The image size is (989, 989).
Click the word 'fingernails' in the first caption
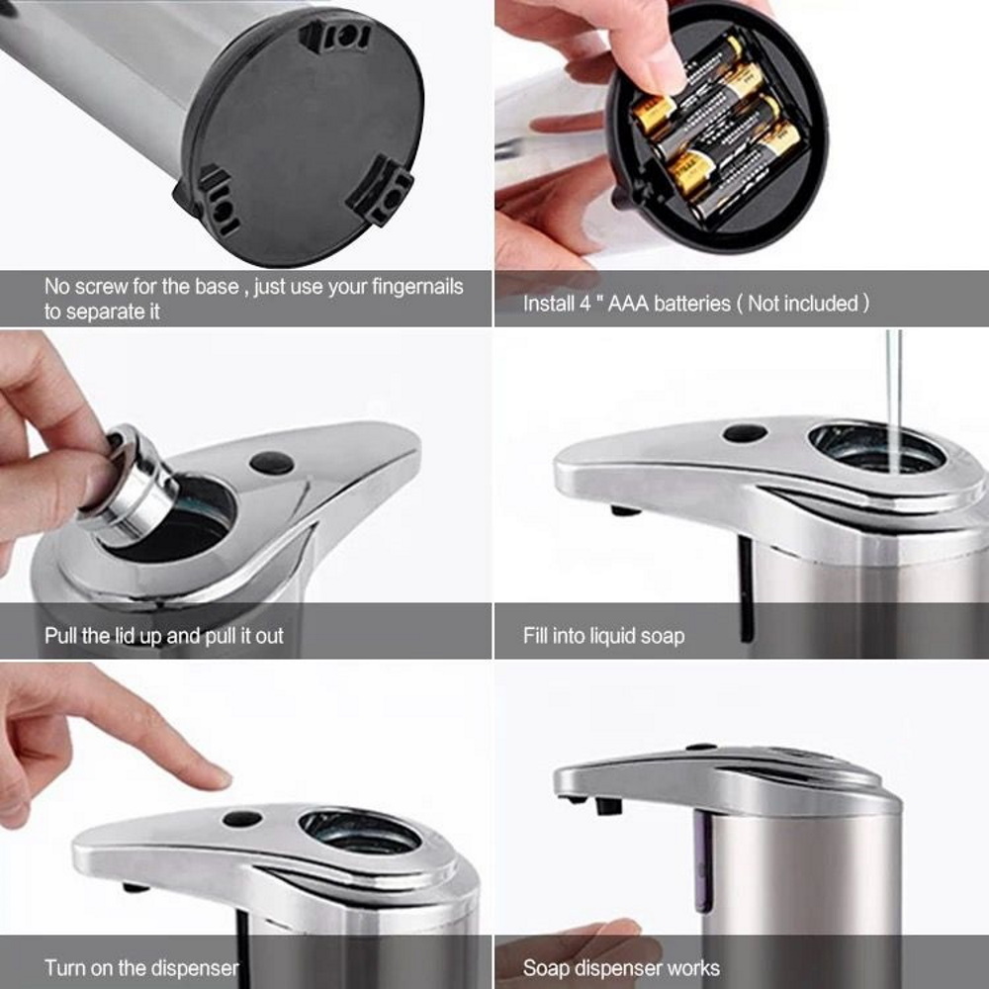coord(417,287)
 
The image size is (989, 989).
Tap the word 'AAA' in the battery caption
coord(628,304)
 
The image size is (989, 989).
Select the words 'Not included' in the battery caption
coord(803,304)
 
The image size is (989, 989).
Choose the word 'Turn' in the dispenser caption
coord(63,967)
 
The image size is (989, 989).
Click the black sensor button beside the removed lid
coord(272,464)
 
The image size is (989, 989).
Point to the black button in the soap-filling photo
coord(746,433)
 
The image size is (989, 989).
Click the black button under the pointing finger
coord(242,819)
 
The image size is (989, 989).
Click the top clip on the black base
coord(333,38)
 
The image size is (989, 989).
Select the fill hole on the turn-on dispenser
coord(360,832)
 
